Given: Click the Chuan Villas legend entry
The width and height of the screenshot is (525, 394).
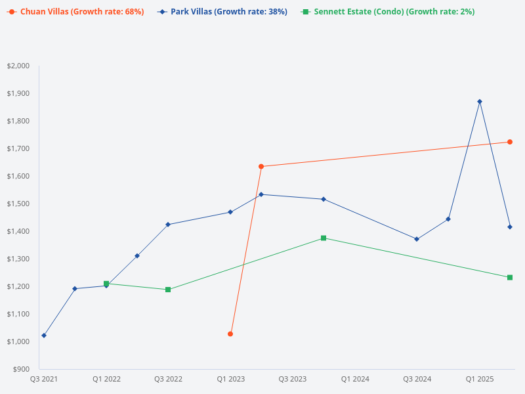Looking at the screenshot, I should click(x=75, y=12).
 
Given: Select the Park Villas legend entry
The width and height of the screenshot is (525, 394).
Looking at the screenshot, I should click(x=222, y=12).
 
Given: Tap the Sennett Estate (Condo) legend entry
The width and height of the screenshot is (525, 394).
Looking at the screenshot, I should click(x=388, y=12).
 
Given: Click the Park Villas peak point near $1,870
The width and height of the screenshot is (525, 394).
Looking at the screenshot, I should click(x=480, y=102).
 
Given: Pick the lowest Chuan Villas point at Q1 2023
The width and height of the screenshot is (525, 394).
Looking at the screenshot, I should click(x=230, y=334).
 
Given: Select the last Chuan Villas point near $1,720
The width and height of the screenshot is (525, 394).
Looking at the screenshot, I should click(x=510, y=142).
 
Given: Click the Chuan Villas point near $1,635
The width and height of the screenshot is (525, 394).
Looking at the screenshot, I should click(x=261, y=167).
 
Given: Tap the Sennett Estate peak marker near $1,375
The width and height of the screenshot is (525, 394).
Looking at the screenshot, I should click(x=324, y=238).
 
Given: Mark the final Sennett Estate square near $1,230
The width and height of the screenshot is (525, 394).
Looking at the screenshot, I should click(x=510, y=277).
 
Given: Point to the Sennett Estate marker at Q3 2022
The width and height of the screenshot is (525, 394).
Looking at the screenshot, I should click(x=168, y=290).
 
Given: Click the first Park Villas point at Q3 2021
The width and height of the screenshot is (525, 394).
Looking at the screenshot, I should click(x=44, y=336).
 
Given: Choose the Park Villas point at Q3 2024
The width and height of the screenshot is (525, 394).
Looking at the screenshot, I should click(x=417, y=239).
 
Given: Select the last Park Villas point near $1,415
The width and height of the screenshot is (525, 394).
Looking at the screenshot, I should click(x=510, y=227).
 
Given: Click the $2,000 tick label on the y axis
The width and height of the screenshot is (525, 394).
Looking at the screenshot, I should click(x=18, y=66).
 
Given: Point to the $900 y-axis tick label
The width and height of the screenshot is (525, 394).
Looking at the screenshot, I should click(x=21, y=369).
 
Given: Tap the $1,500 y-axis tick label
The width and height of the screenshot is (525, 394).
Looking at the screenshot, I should click(x=18, y=204).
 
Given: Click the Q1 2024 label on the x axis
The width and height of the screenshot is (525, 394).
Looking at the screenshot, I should click(x=355, y=380).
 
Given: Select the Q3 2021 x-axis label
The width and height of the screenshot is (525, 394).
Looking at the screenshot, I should click(x=44, y=380).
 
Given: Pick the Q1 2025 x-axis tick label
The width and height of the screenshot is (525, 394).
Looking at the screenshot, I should click(x=480, y=380).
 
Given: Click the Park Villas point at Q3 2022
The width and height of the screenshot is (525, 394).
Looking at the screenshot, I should click(x=168, y=225).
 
